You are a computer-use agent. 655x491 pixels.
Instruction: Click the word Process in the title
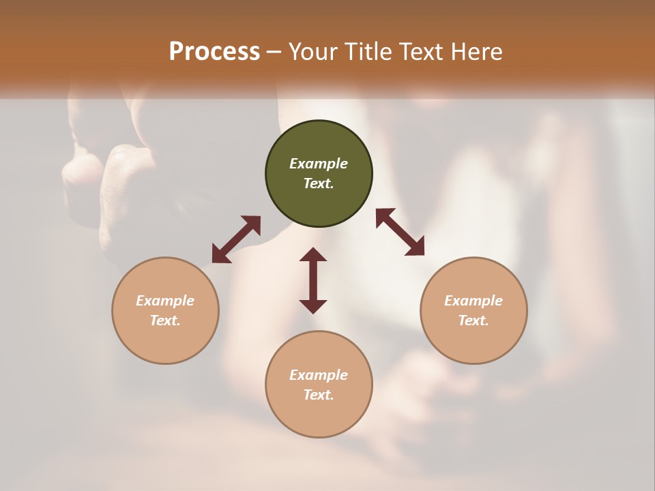(x=214, y=51)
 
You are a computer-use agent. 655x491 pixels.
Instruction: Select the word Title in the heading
(x=368, y=51)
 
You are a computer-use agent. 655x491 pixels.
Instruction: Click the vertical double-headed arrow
(x=313, y=281)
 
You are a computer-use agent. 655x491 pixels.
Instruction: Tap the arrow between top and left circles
(x=236, y=239)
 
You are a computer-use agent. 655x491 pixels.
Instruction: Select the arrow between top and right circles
(x=400, y=232)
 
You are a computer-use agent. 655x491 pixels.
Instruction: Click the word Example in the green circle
(x=319, y=164)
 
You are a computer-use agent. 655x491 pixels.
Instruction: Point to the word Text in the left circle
(x=164, y=321)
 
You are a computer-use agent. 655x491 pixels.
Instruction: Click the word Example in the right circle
(x=474, y=301)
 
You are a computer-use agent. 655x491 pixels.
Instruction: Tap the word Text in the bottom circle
(x=318, y=395)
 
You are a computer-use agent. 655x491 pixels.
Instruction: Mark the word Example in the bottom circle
(x=319, y=375)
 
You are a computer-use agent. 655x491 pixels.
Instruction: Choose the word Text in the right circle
(x=473, y=321)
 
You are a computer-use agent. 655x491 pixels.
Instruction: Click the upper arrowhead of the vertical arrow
(x=313, y=256)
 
